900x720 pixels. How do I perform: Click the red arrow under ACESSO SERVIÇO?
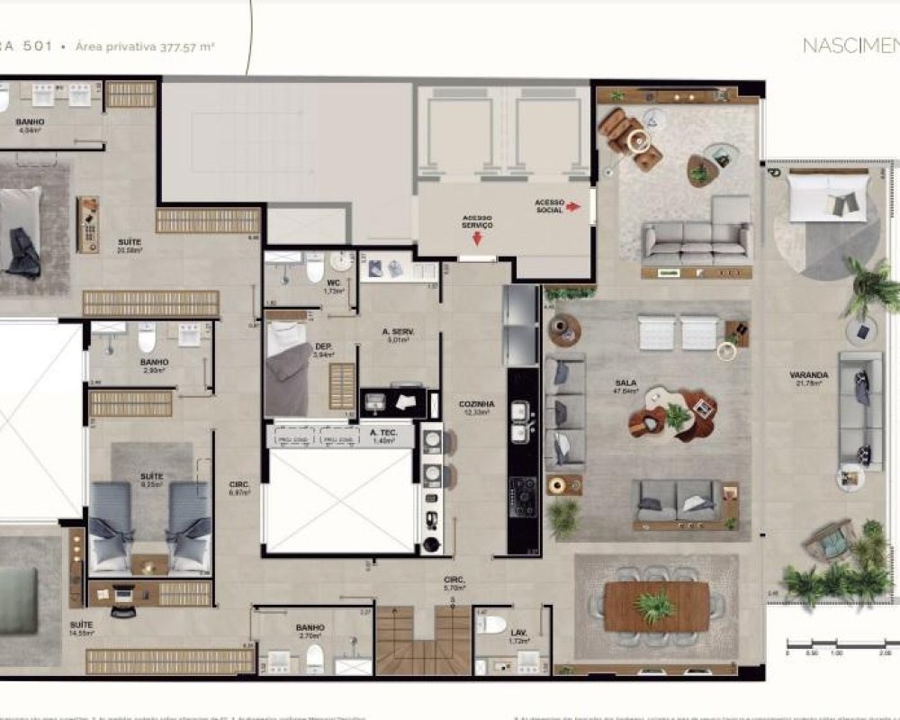476,238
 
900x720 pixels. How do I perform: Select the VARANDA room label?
809,374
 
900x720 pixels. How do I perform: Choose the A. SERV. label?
398,332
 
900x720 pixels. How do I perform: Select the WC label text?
332,283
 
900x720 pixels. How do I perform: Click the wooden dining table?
656,606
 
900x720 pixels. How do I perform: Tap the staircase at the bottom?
423,640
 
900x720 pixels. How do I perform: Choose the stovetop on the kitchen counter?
523,497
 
